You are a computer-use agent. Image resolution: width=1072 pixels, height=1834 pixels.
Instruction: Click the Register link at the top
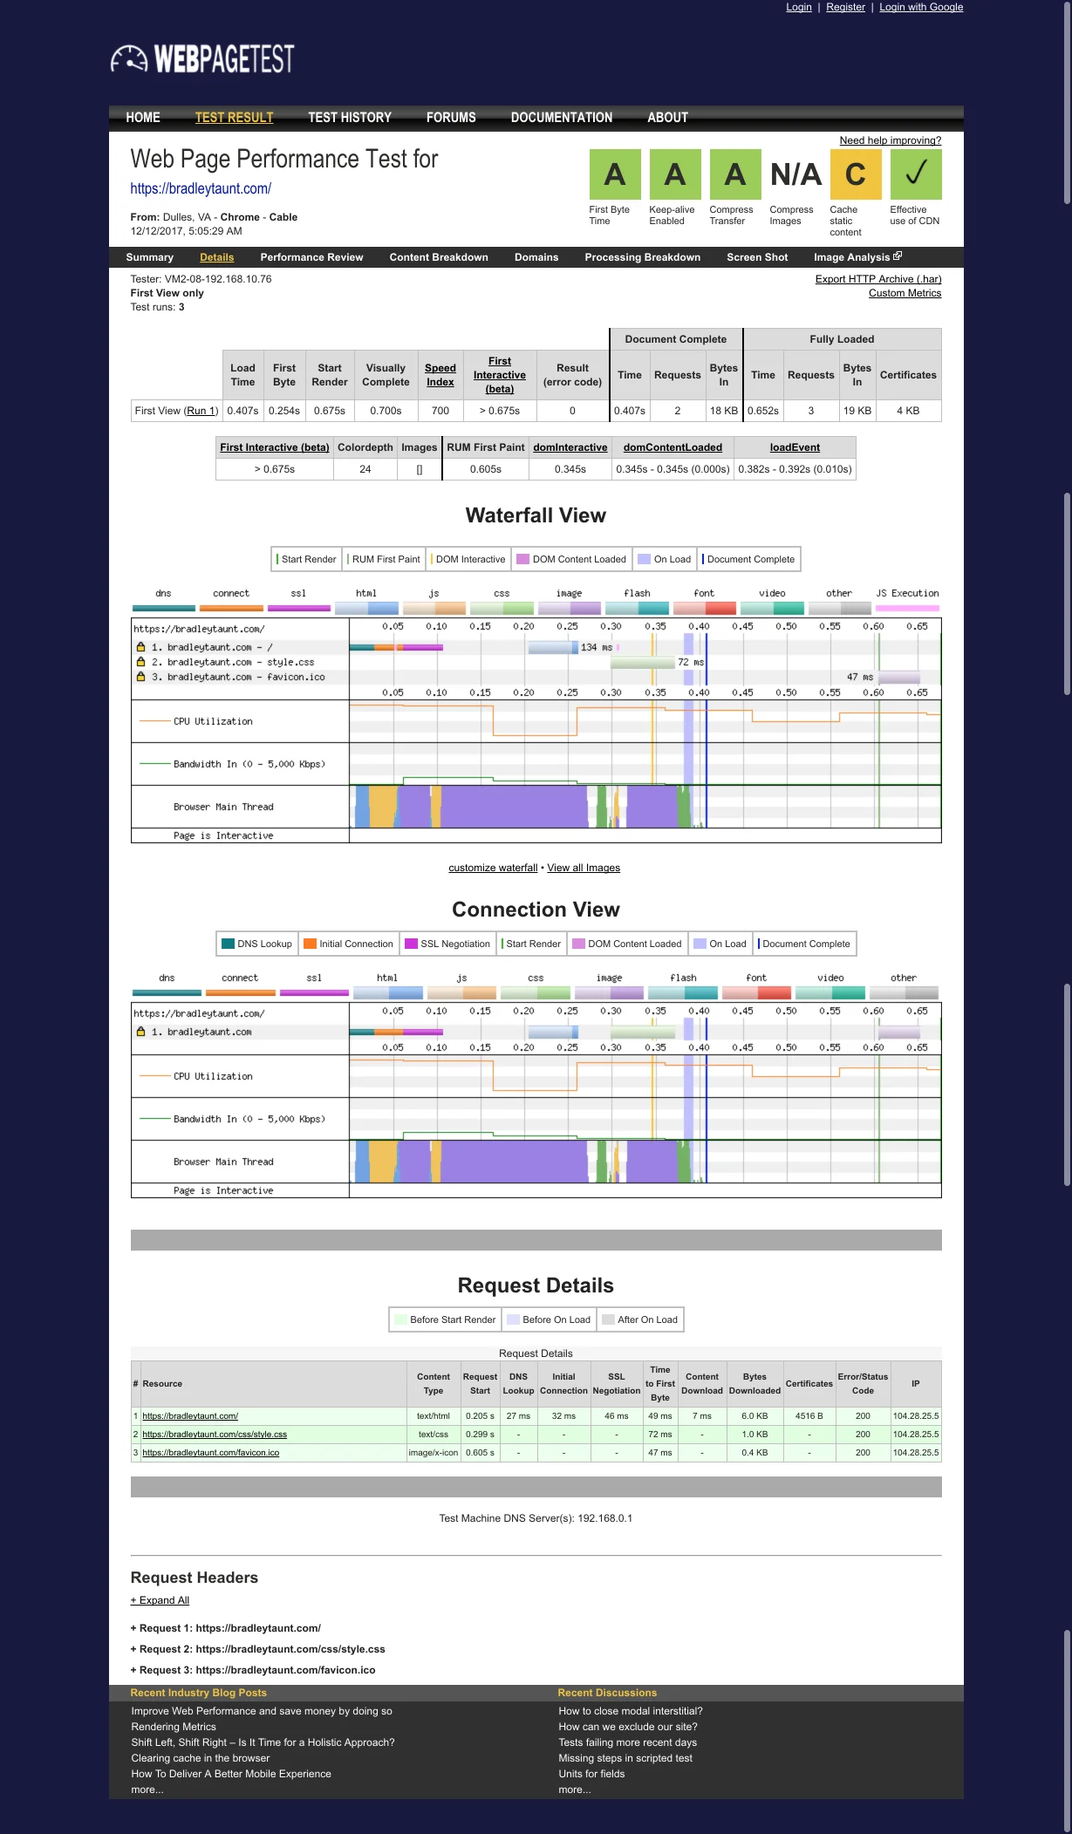[x=845, y=7]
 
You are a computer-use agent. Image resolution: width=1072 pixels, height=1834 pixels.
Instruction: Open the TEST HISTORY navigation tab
[x=349, y=118]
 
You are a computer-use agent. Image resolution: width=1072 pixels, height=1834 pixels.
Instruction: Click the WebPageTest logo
[x=202, y=58]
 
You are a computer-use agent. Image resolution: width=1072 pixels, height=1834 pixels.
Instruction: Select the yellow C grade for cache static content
[x=856, y=174]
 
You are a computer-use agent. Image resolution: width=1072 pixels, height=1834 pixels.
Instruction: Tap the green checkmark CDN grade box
[x=915, y=174]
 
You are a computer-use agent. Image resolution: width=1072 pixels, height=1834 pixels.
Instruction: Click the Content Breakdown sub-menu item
[x=439, y=257]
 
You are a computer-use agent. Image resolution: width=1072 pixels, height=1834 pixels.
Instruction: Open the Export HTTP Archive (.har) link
[x=877, y=279]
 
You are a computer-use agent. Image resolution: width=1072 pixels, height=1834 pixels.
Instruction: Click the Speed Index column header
[x=440, y=375]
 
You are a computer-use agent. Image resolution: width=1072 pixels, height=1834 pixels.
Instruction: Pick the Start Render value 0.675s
[x=330, y=411]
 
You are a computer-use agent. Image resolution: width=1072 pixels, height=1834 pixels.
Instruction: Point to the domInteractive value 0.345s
[x=570, y=469]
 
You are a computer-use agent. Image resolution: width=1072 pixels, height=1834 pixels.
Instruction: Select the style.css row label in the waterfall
[x=232, y=662]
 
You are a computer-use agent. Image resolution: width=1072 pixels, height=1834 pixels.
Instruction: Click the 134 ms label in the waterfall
[x=597, y=647]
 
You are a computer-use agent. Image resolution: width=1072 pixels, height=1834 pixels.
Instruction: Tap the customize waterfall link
[x=493, y=868]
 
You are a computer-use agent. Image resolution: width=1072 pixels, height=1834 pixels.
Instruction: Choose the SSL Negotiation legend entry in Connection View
[x=447, y=944]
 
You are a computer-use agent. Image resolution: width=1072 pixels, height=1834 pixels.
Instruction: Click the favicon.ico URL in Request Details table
[x=210, y=1453]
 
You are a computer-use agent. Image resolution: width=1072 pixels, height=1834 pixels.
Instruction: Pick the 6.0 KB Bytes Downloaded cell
[x=754, y=1416]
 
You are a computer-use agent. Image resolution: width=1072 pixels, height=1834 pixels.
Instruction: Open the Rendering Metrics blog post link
[x=174, y=1727]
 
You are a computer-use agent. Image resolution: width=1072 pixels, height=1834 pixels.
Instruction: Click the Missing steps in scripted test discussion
[x=625, y=1758]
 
